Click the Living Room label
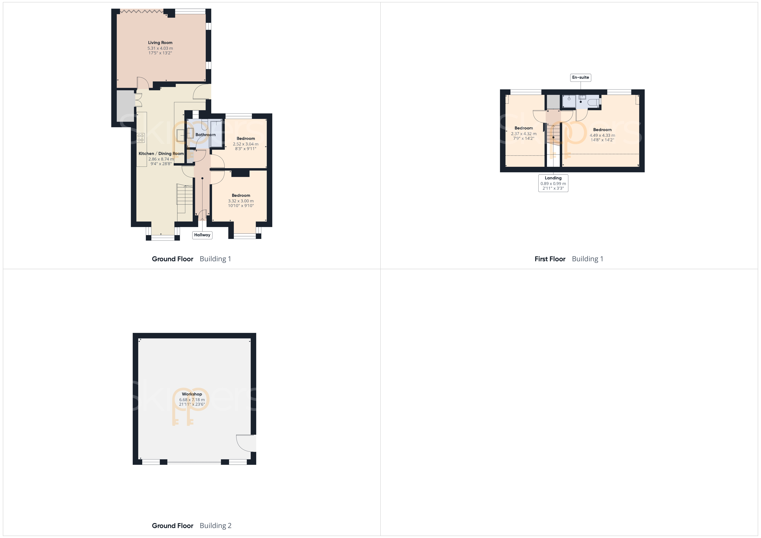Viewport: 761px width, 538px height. pos(160,42)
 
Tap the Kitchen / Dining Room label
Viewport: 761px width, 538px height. pos(161,153)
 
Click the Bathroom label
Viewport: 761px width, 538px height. pos(206,135)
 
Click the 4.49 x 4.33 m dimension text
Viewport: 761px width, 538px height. pos(602,135)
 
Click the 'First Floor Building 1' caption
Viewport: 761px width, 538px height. pos(569,259)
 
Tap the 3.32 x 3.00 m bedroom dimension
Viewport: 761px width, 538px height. pos(241,201)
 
